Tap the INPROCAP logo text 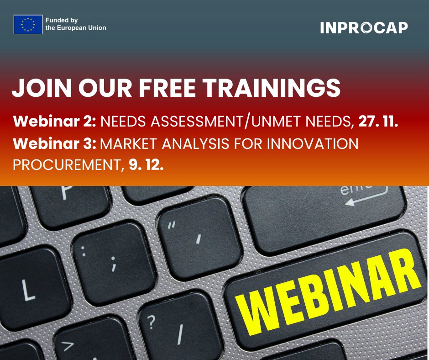pos(364,28)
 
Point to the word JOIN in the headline pos(39,88)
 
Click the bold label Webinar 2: pos(55,122)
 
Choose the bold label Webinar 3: pos(55,144)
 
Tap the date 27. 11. pos(379,122)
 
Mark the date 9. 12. pos(146,164)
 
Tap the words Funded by pos(61,21)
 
